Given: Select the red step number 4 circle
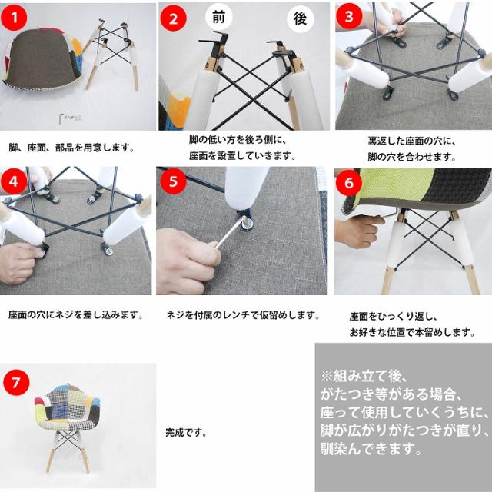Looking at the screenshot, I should coord(16,182).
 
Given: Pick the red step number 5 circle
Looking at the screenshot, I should coord(173,182).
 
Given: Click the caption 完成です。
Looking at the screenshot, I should coord(186,433).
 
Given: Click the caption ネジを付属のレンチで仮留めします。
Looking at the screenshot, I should coord(243,315).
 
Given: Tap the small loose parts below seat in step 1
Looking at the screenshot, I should coord(71,120).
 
